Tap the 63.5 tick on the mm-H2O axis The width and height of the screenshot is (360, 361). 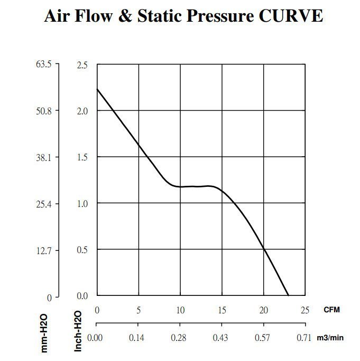[x=43, y=65]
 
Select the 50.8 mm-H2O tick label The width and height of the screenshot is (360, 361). [x=43, y=111]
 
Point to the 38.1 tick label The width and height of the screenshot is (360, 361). [x=43, y=157]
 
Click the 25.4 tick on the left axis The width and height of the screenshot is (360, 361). [x=43, y=204]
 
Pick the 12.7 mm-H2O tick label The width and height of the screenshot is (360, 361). [x=43, y=250]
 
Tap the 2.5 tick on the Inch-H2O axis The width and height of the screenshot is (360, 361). [x=82, y=65]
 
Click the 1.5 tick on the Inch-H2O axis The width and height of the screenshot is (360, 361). [x=82, y=157]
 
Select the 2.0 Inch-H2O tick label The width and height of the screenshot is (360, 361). [x=82, y=111]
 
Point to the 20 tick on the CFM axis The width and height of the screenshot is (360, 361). [x=263, y=310]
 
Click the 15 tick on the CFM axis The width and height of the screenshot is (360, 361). [x=221, y=310]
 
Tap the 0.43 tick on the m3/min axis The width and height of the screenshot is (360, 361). [x=221, y=337]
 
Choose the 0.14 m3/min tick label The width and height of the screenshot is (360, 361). [x=138, y=337]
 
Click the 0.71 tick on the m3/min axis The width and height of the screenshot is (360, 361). [x=304, y=337]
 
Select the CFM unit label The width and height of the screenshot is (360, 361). [x=332, y=310]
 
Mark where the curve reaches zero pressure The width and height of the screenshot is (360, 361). [x=288, y=295]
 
